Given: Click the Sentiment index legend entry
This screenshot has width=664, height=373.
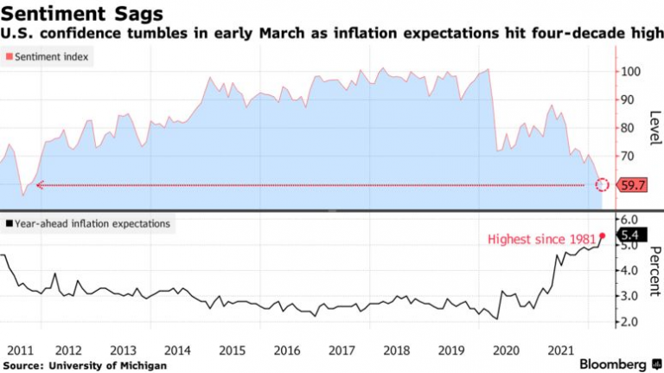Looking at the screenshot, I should coord(49,56).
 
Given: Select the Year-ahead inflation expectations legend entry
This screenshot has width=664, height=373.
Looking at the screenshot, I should coord(86,223).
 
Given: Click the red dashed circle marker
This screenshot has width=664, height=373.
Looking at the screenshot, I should coord(603,184).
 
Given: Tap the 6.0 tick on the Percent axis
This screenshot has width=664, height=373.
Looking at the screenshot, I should coord(630,220).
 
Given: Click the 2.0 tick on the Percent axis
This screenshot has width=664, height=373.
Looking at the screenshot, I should coord(630,321).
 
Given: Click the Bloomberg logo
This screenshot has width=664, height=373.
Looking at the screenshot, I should coord(615,363).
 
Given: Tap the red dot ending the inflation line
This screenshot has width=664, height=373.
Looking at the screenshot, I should coord(602,235).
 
